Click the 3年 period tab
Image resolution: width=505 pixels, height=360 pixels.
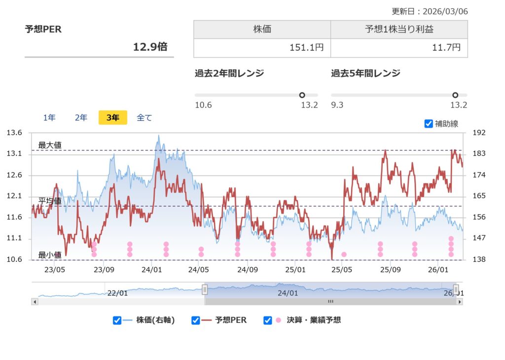(x=112, y=117)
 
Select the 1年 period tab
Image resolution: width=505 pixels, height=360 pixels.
(x=49, y=117)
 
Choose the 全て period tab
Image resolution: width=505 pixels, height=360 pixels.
(x=144, y=117)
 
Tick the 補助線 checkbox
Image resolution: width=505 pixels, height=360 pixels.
(x=429, y=124)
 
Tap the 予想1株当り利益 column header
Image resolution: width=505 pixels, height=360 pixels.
(x=399, y=30)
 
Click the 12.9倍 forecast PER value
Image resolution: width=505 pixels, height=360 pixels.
(x=150, y=47)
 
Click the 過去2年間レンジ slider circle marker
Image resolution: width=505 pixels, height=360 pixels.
(x=302, y=95)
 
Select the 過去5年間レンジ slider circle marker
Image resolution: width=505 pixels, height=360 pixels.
(x=455, y=95)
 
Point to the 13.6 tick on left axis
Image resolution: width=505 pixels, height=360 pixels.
(x=14, y=133)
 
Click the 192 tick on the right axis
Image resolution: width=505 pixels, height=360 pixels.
(x=479, y=133)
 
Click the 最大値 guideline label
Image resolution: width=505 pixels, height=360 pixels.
(x=50, y=145)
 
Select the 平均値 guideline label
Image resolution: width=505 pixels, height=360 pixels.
(x=50, y=201)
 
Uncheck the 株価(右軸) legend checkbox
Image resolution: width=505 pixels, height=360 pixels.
(x=117, y=321)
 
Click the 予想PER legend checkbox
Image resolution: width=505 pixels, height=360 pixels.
(x=196, y=321)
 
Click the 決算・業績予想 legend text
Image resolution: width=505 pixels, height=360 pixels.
(x=314, y=320)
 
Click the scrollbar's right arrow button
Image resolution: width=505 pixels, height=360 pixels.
(x=460, y=301)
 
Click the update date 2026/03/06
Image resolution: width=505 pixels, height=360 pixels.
(x=447, y=11)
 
